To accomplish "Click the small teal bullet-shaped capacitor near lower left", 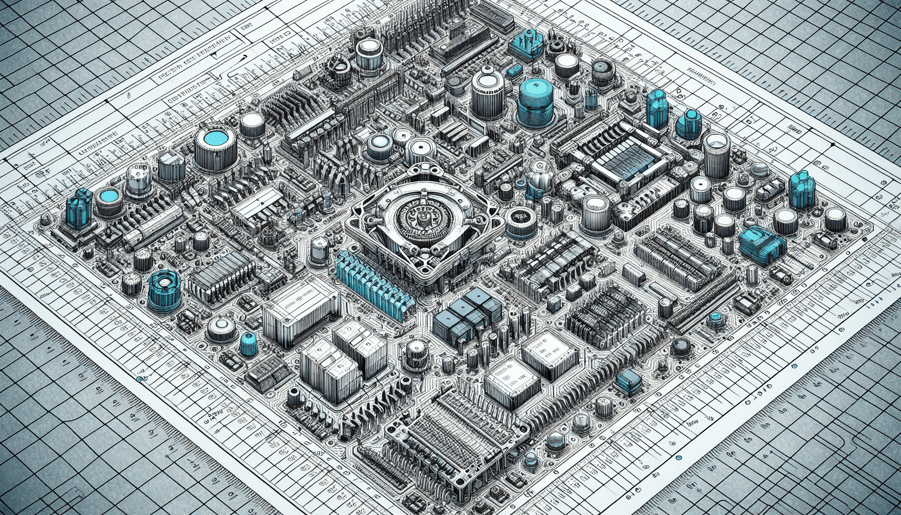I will pyautogui.click(x=248, y=343).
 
